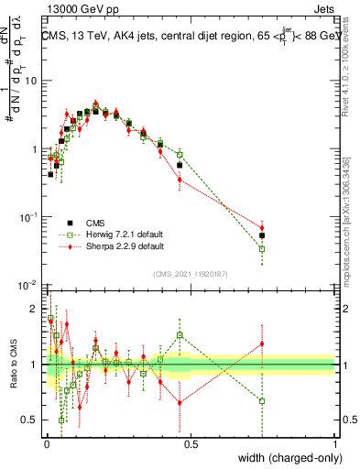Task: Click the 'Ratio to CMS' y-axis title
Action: tap(13, 365)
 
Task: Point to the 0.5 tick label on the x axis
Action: tap(191, 444)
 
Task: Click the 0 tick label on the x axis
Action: tap(47, 444)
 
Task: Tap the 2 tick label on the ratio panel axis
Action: tap(34, 307)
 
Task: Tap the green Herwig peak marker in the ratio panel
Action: tap(180, 335)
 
